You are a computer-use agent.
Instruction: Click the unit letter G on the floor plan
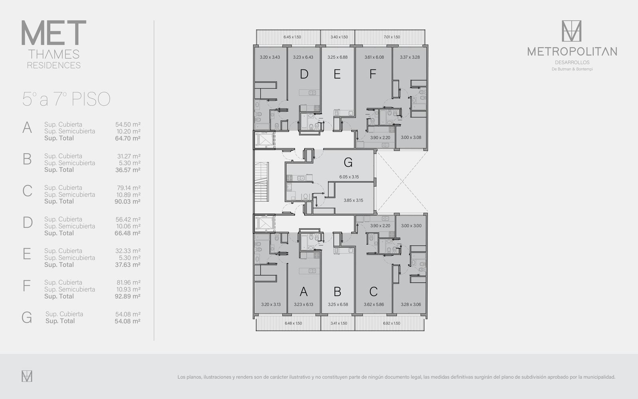tap(348, 162)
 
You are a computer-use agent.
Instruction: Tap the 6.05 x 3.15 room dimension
tap(349, 177)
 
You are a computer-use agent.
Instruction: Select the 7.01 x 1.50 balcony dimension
tap(392, 37)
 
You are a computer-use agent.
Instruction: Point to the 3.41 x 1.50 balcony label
tap(339, 323)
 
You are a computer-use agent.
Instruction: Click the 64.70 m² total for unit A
tap(127, 138)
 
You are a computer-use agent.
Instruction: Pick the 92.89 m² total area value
tap(127, 296)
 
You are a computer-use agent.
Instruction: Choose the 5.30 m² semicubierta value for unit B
tap(130, 163)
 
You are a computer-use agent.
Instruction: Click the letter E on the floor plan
tap(337, 74)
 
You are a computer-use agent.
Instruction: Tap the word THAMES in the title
tap(54, 54)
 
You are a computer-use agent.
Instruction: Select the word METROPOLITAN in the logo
tap(572, 51)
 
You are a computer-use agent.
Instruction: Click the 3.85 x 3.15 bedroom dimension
tap(353, 200)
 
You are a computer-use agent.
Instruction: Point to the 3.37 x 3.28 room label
tap(410, 57)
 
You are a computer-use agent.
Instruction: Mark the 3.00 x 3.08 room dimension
tap(411, 137)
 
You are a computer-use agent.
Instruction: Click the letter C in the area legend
tap(28, 191)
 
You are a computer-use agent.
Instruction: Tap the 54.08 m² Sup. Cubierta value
tap(128, 314)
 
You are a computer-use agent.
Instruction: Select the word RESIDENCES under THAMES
tap(54, 65)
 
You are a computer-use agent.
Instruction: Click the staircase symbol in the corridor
tap(262, 182)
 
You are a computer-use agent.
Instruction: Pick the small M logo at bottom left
tap(27, 376)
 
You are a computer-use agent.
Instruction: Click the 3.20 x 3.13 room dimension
tap(271, 304)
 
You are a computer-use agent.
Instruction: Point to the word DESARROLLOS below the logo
tap(572, 62)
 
